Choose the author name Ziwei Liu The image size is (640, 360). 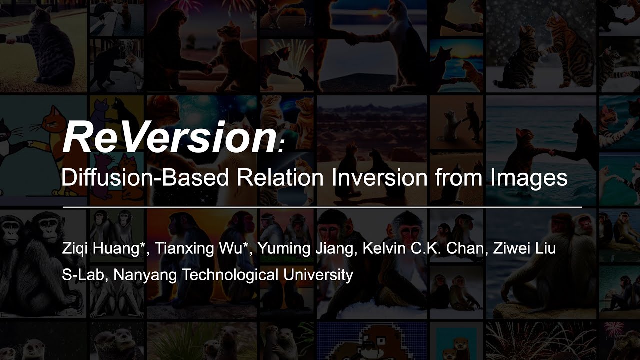pyautogui.click(x=524, y=249)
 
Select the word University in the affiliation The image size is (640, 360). pyautogui.click(x=315, y=275)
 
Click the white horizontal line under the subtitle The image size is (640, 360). pyautogui.click(x=322, y=206)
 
